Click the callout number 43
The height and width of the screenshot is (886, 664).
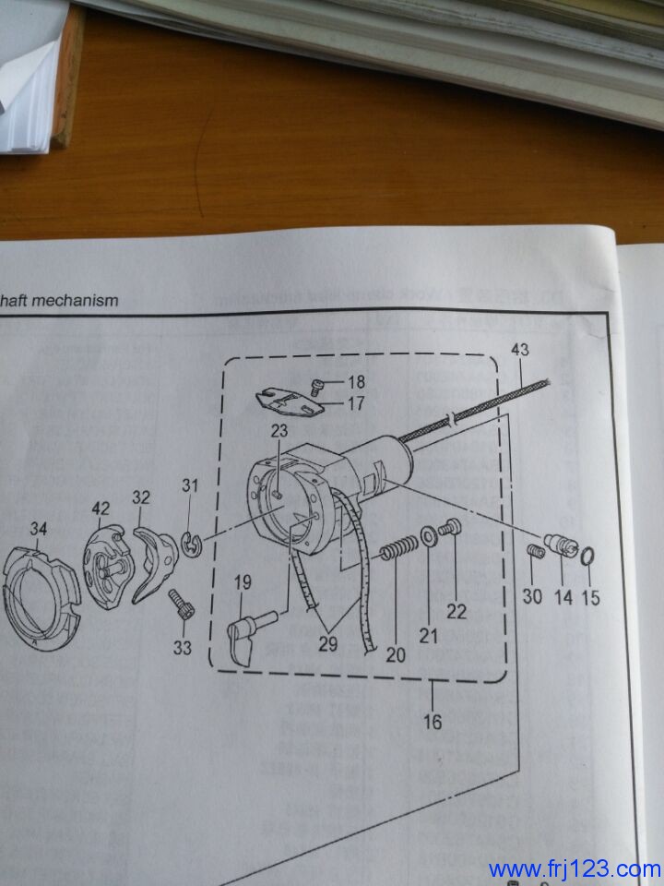coord(520,349)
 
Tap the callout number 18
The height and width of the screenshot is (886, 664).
coord(355,382)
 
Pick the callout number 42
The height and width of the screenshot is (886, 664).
coord(101,508)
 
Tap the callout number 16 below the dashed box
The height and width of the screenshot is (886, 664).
coord(433,721)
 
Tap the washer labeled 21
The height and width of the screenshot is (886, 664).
coord(429,535)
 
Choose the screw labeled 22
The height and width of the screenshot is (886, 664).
coord(450,530)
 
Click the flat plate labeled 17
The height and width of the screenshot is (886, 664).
coord(288,401)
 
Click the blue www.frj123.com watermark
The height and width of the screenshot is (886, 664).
coord(575,868)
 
